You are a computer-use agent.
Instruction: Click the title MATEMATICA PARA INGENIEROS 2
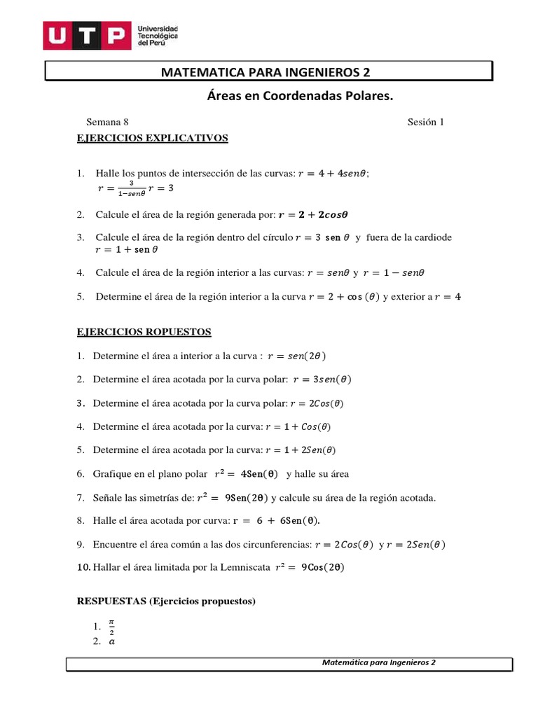[x=265, y=72]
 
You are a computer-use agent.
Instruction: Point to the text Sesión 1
[x=426, y=123]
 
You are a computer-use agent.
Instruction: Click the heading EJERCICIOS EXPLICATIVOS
[x=152, y=138]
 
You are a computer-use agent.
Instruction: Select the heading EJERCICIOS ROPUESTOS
[x=144, y=331]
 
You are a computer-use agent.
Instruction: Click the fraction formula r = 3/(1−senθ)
[x=120, y=188]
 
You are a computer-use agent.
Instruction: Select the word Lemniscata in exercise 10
[x=244, y=567]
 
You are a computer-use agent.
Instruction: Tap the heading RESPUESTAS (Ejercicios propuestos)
[x=166, y=601]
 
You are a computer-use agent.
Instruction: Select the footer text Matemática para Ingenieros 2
[x=379, y=662]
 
